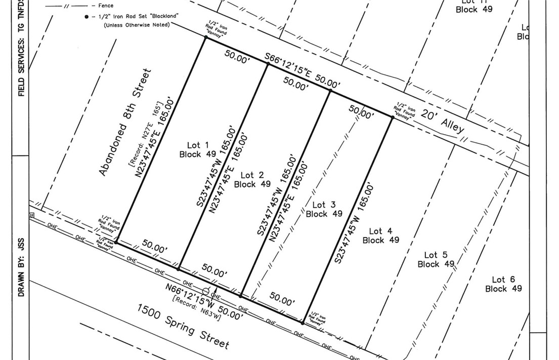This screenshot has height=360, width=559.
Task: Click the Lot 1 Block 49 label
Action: coord(198,149)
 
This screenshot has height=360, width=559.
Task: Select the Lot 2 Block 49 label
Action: coord(252,180)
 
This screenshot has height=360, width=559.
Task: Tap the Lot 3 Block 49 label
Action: coord(324,209)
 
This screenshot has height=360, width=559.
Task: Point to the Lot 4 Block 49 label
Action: coord(380,235)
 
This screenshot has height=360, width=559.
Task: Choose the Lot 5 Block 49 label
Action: coord(436,259)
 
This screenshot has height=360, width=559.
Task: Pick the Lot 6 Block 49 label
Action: coord(503,284)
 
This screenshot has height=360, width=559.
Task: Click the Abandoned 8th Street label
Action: coord(125,122)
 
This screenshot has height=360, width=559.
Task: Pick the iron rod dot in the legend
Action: coord(87,16)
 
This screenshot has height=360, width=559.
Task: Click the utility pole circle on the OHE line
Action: coord(206,291)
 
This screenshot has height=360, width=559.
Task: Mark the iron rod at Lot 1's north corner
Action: coord(205,37)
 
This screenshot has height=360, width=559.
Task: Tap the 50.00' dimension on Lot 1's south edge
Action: coord(155,248)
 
